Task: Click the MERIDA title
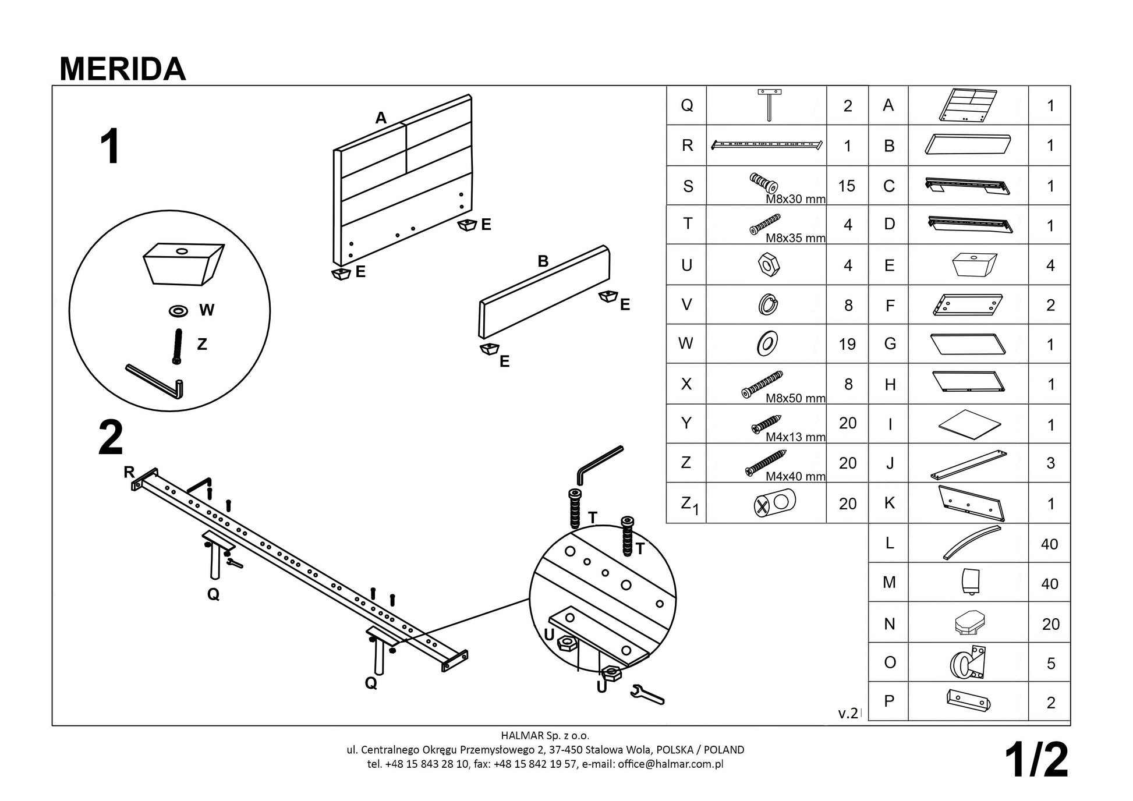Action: pyautogui.click(x=122, y=69)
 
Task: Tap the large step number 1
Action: pyautogui.click(x=110, y=147)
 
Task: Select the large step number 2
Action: pyautogui.click(x=111, y=438)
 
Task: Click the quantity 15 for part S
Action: pyautogui.click(x=847, y=186)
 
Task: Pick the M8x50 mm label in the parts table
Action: pyautogui.click(x=795, y=398)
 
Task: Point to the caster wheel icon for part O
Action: pyautogui.click(x=968, y=662)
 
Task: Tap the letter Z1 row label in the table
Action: pyautogui.click(x=689, y=504)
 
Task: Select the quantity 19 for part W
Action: pyautogui.click(x=847, y=344)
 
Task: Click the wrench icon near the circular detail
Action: pyautogui.click(x=647, y=694)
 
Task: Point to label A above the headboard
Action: pyautogui.click(x=381, y=118)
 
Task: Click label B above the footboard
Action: pyautogui.click(x=543, y=261)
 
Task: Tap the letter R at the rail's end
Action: pyautogui.click(x=129, y=472)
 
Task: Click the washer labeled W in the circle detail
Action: pyautogui.click(x=178, y=310)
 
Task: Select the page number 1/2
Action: pyautogui.click(x=1036, y=760)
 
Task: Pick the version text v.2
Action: pyautogui.click(x=848, y=713)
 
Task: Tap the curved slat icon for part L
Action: pyautogui.click(x=971, y=542)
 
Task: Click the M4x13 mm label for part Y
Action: pyautogui.click(x=795, y=437)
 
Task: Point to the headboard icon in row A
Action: pyautogui.click(x=968, y=105)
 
